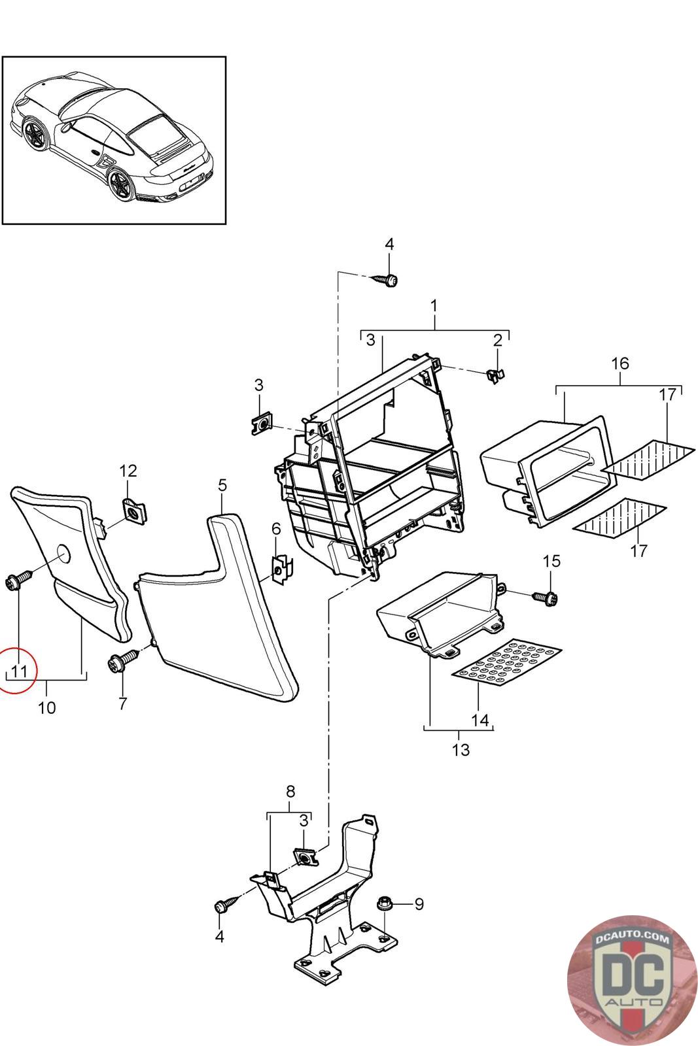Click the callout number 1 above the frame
coord(434,305)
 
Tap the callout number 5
coord(222,485)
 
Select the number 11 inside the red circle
coord(19,671)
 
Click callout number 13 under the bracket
coord(461,749)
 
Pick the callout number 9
coord(419,904)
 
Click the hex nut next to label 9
coord(384,905)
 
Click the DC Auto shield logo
coord(632,979)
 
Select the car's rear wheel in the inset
coord(121,184)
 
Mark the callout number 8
coord(290,792)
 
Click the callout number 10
coord(47,707)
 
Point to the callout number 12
coord(128,471)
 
